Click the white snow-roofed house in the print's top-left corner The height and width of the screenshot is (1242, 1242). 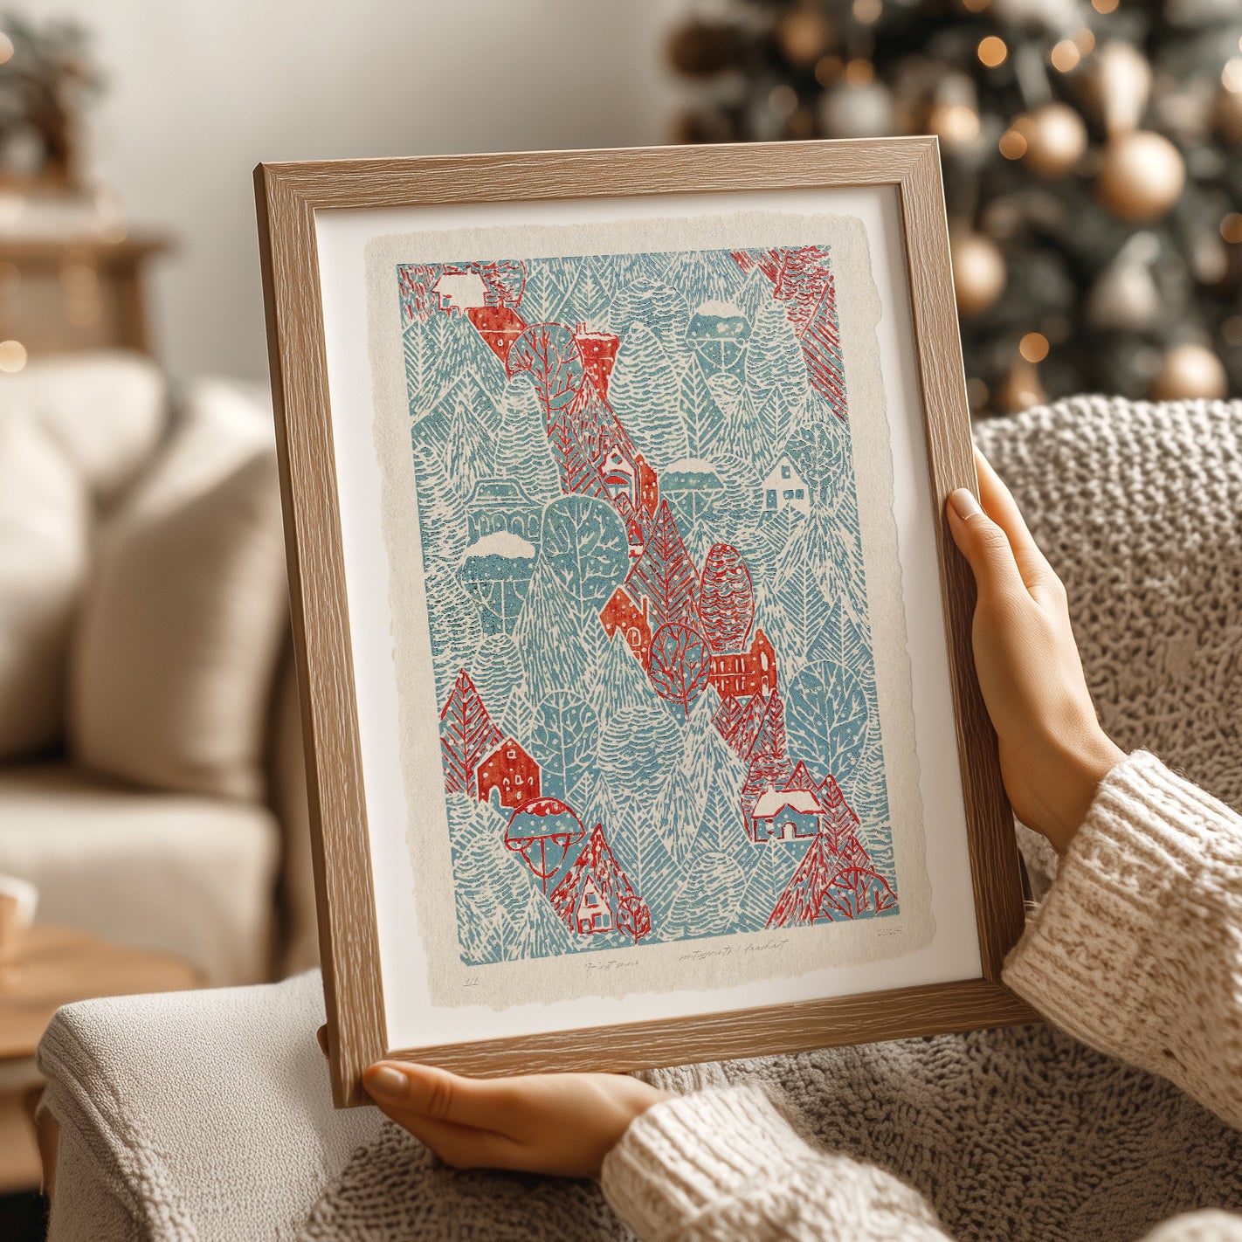tap(452, 287)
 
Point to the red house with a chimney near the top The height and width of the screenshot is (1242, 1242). tap(596, 354)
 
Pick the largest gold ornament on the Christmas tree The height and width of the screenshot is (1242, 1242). tap(1140, 175)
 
